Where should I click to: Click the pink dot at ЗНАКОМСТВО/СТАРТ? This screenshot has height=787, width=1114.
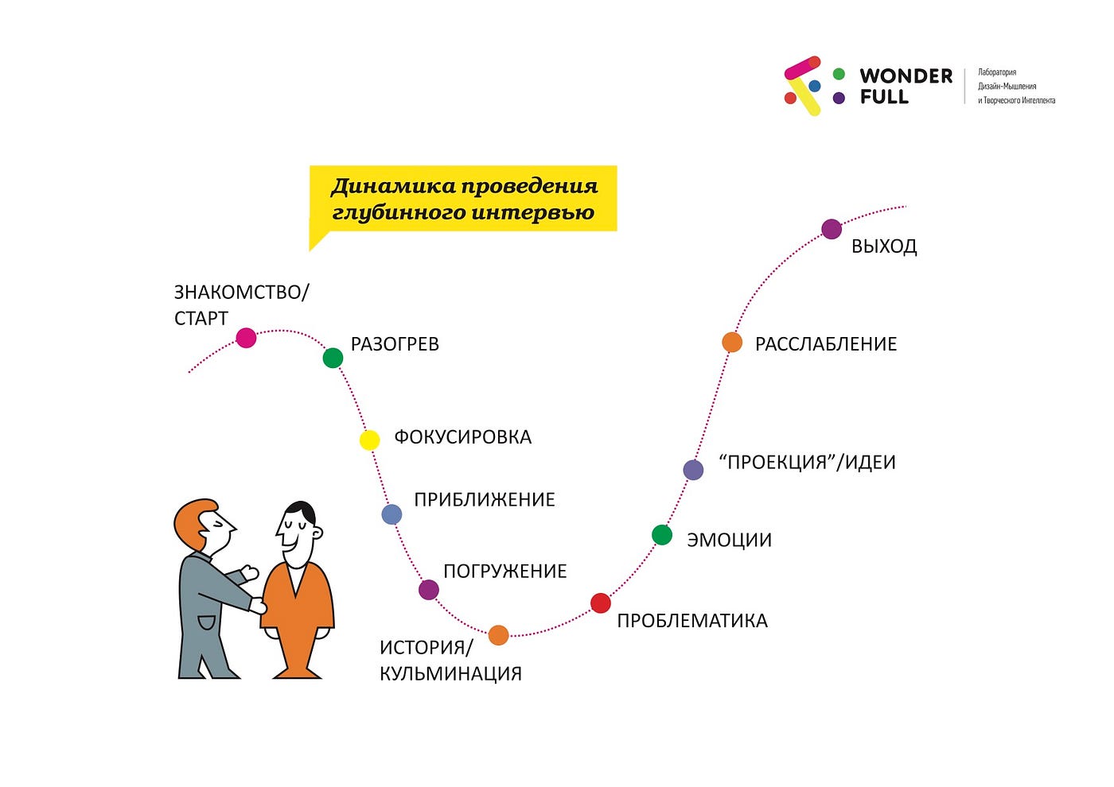[x=246, y=338]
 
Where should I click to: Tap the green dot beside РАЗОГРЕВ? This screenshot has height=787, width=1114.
[x=333, y=358]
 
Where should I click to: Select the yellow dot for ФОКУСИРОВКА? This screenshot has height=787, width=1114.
[x=369, y=440]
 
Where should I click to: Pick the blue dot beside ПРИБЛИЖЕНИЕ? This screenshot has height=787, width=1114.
[x=391, y=514]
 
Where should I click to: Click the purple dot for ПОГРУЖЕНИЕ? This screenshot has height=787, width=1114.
[x=429, y=590]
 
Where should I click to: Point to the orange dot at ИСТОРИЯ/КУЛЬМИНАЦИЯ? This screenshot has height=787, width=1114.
[x=498, y=635]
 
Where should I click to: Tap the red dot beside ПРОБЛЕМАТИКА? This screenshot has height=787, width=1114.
[x=600, y=603]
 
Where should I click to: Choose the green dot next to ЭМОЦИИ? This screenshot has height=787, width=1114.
[x=662, y=535]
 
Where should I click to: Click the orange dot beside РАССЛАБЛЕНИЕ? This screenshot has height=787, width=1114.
[x=732, y=343]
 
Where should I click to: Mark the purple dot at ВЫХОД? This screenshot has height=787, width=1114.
[x=832, y=229]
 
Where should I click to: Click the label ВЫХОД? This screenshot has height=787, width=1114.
[x=884, y=246]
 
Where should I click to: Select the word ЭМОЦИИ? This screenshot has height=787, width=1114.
[x=729, y=540]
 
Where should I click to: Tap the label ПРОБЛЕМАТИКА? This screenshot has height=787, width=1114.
[x=692, y=621]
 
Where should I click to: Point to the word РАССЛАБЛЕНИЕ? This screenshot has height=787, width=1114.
[x=826, y=343]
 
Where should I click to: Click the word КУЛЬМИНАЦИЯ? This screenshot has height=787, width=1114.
[x=450, y=674]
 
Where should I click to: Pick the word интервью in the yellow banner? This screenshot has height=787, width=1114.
[x=532, y=213]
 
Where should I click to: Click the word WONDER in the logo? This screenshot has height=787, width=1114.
[x=906, y=76]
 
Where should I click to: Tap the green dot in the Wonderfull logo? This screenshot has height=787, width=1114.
[x=839, y=74]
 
